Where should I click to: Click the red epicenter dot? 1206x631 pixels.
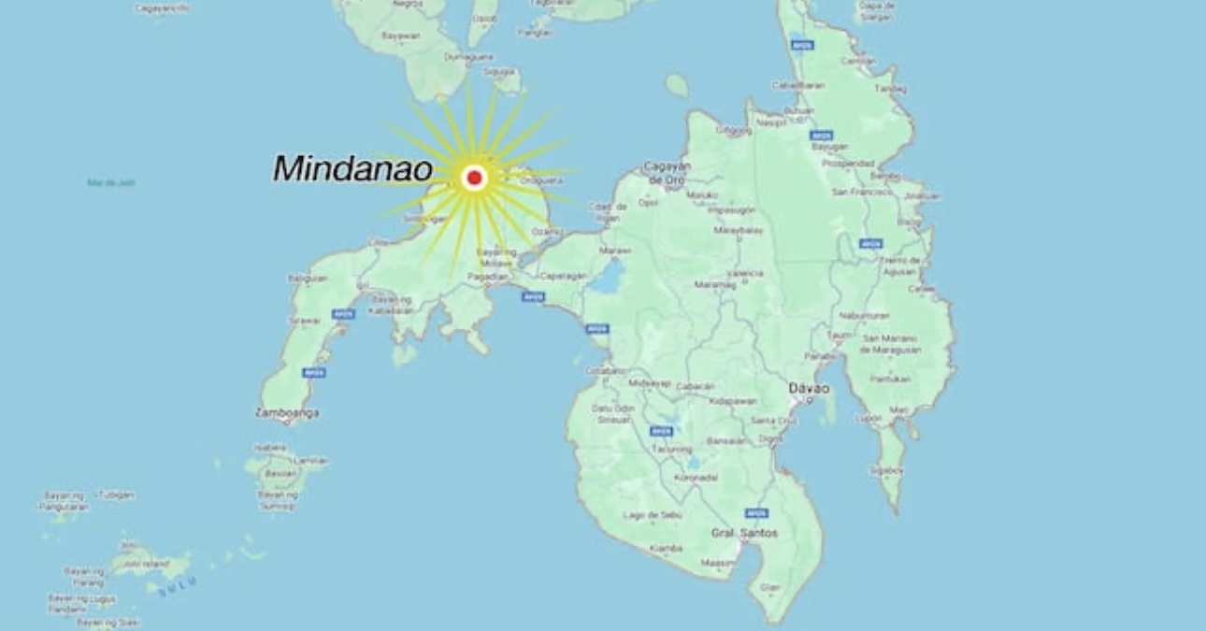click(x=474, y=178)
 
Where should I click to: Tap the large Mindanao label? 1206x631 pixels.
click(x=352, y=169)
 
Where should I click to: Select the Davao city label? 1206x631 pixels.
click(x=809, y=388)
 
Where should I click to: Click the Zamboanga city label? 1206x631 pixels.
click(x=287, y=412)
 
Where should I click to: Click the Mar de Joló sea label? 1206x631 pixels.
click(x=111, y=183)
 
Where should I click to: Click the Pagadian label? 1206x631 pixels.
click(x=488, y=277)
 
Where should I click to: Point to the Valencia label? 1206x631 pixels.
click(x=745, y=273)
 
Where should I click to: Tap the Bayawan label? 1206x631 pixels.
click(x=400, y=36)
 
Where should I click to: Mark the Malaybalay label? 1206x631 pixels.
click(x=739, y=229)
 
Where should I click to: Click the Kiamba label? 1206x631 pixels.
click(x=666, y=548)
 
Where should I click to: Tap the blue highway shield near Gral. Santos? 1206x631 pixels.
click(x=756, y=513)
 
